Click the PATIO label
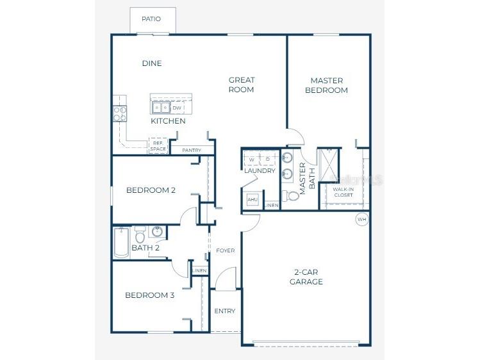pos(151,19)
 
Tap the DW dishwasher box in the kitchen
pos(177,108)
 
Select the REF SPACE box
pos(158,146)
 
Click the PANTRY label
pos(192,151)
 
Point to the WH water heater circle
pos(362,220)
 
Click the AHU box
pos(252,199)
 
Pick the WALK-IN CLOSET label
pos(343,192)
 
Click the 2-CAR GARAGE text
pos(306,277)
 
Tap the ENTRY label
pos(225,311)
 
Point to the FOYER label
pos(225,250)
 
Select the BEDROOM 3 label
pos(149,295)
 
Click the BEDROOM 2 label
pos(151,190)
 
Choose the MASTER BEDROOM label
pos(327,85)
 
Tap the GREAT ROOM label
pos(242,85)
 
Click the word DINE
pos(151,63)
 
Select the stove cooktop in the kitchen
pos(120,113)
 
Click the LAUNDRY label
pos(260,171)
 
